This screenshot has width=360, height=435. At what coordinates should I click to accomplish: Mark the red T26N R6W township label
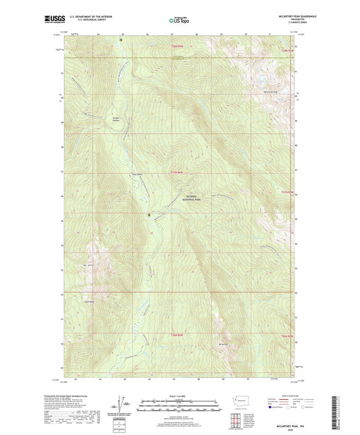pyautogui.click(x=177, y=335)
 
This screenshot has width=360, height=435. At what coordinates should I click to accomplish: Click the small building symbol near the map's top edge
pyautogui.click(x=121, y=40)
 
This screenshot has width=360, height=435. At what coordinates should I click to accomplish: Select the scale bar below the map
pyautogui.click(x=180, y=407)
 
